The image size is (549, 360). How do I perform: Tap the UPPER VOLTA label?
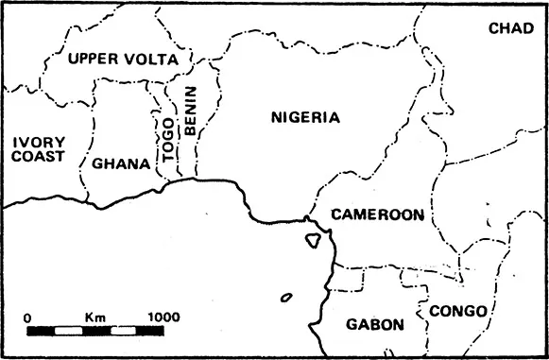pos(123,59)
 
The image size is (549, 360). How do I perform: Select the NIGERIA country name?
pos(304,118)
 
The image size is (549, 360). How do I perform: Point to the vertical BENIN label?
pos(190,112)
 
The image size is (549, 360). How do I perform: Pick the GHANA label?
pos(121,163)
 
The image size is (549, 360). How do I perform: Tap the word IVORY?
pos(38,142)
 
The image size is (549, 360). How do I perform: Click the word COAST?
pos(39,157)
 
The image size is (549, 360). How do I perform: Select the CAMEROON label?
pos(377,215)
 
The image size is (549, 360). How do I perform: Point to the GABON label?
pos(375,324)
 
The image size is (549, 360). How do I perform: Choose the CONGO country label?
pos(457,311)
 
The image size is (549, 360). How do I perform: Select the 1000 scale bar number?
pos(163,316)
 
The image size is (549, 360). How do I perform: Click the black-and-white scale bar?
pos(94,332)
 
